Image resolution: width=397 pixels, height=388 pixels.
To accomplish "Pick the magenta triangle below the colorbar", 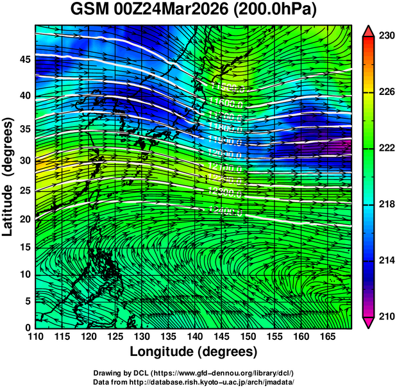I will (369, 322).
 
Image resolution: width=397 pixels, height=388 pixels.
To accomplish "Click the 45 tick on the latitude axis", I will (25, 59).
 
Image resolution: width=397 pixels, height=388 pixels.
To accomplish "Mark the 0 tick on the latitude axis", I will (28, 328).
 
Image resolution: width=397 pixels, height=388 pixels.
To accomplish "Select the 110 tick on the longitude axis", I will (35, 336).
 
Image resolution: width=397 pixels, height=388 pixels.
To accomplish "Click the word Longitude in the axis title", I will (162, 351).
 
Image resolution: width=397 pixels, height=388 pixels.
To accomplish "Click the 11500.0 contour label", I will (226, 87).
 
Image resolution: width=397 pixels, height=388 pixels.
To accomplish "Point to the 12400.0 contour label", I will (226, 210).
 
